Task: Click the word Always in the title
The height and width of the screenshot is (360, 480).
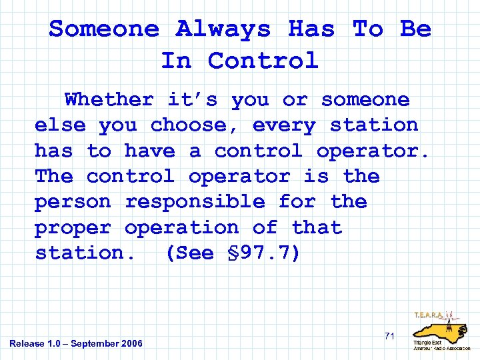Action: (223, 29)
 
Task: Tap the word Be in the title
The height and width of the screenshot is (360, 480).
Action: (415, 29)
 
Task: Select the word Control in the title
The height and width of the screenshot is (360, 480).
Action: (263, 61)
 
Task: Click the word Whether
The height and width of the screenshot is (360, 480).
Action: (109, 100)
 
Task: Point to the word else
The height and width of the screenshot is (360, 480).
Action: (60, 125)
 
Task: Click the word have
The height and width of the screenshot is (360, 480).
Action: (150, 151)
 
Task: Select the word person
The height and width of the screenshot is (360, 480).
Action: (73, 202)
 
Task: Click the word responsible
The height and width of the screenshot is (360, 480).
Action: (195, 202)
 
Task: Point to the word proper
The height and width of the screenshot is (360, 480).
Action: (73, 228)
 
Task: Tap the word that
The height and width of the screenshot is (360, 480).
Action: (317, 228)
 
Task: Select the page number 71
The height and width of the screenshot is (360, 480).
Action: (390, 336)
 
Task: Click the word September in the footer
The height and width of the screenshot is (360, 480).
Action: (99, 344)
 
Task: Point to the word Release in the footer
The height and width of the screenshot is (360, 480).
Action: (26, 344)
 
